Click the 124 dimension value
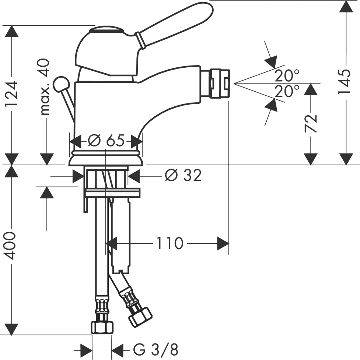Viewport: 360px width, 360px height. coord(11,93)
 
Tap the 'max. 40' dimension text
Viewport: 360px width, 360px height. coord(45,87)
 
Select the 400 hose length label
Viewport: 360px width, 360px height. coord(10,246)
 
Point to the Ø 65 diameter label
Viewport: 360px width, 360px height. coord(106,140)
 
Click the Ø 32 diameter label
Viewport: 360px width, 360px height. coord(183,175)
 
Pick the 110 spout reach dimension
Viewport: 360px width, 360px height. coord(170,243)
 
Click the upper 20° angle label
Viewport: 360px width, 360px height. coord(287,76)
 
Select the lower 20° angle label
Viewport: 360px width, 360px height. coord(287,91)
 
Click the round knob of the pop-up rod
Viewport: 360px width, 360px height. coord(61,84)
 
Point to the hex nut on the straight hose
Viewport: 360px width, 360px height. coord(102,327)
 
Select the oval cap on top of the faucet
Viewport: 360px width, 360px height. coord(106,30)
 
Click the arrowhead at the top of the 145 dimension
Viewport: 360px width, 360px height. coord(346,7)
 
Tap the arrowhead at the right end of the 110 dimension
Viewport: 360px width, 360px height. coord(223,243)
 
